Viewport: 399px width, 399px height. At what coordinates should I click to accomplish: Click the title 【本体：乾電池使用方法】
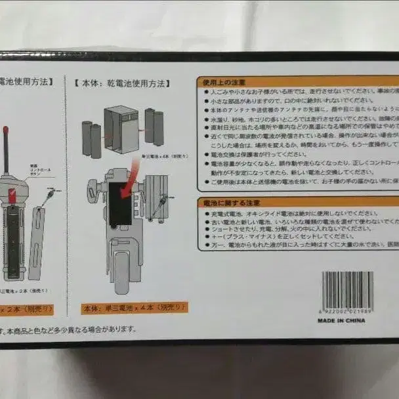123,84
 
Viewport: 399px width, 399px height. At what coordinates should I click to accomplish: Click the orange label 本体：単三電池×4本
135,307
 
